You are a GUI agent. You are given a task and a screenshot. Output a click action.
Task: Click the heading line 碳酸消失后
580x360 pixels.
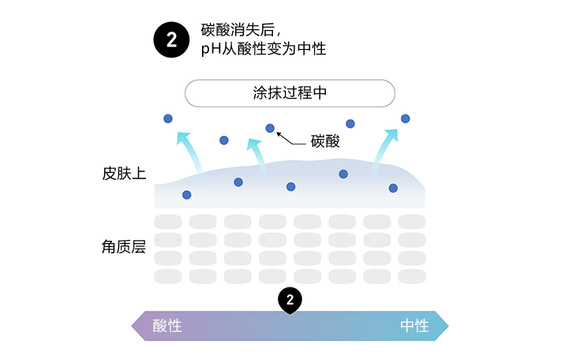click(x=241, y=30)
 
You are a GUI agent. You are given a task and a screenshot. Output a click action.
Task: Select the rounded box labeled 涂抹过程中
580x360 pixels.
click(x=290, y=92)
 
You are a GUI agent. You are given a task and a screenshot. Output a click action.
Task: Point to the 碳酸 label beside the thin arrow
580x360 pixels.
click(x=324, y=142)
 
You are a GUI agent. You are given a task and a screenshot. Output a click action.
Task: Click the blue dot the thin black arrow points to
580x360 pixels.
click(x=270, y=128)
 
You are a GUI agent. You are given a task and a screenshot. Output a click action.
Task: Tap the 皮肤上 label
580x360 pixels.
click(x=124, y=172)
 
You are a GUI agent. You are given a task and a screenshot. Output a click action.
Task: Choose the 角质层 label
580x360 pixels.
click(x=124, y=247)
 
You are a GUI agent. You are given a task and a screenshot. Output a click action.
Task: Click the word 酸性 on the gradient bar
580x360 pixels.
click(x=167, y=326)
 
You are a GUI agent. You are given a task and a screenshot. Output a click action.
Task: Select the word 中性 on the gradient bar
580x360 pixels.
click(x=414, y=326)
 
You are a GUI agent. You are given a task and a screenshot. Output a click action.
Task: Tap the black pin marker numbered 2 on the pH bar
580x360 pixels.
click(x=290, y=300)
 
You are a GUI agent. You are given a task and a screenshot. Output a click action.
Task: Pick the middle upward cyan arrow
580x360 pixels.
click(x=256, y=154)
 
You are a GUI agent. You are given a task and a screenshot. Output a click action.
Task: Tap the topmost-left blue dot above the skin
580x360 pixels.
click(x=167, y=118)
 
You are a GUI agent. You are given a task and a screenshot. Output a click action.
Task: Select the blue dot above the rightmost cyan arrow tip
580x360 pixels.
click(x=406, y=118)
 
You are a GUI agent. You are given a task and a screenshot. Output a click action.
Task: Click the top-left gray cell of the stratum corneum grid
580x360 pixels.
click(x=167, y=222)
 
